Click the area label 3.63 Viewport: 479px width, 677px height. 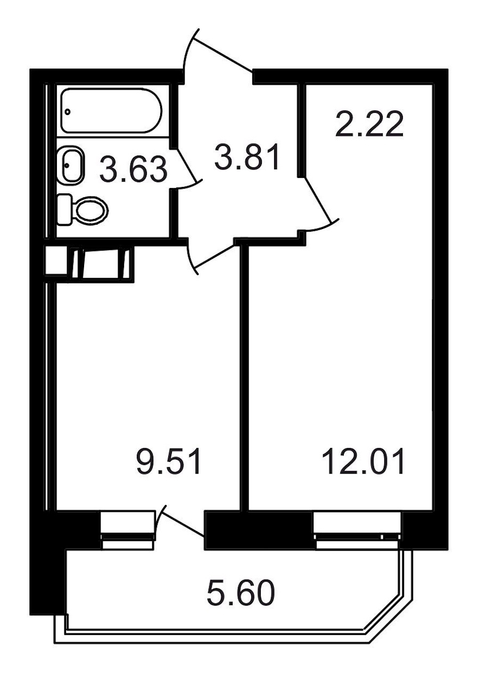pyautogui.click(x=133, y=169)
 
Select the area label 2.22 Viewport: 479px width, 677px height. pyautogui.click(x=369, y=124)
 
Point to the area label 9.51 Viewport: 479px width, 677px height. pyautogui.click(x=169, y=461)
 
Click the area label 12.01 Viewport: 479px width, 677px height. pyautogui.click(x=364, y=461)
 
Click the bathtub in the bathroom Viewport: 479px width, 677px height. pyautogui.click(x=111, y=110)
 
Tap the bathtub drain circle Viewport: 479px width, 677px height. pyautogui.click(x=68, y=111)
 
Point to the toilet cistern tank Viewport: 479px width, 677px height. pyautogui.click(x=65, y=209)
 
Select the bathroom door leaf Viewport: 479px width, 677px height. pyautogui.click(x=187, y=165)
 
